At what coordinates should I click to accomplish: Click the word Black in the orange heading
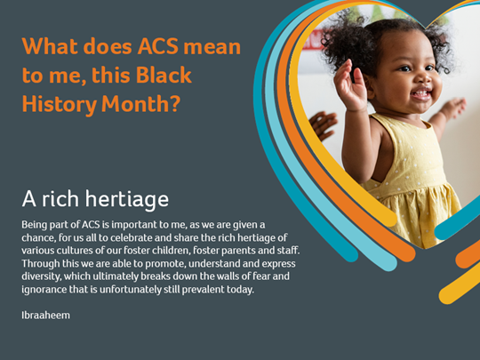click(x=164, y=75)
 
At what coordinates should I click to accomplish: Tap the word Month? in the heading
click(x=141, y=104)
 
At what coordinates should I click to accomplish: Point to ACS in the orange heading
click(x=158, y=46)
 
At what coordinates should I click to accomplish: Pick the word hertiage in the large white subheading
click(x=127, y=200)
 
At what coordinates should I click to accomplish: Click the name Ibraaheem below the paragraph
click(x=45, y=315)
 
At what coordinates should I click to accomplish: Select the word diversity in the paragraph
click(x=41, y=276)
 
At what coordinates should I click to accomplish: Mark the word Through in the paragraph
click(x=40, y=264)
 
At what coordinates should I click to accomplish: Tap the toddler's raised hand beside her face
click(x=350, y=85)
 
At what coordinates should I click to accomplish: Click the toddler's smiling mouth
click(x=421, y=94)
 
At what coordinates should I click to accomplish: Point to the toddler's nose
click(x=424, y=78)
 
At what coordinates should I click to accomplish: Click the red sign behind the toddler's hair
click(x=313, y=40)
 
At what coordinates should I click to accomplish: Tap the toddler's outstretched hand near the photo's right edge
click(x=453, y=108)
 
